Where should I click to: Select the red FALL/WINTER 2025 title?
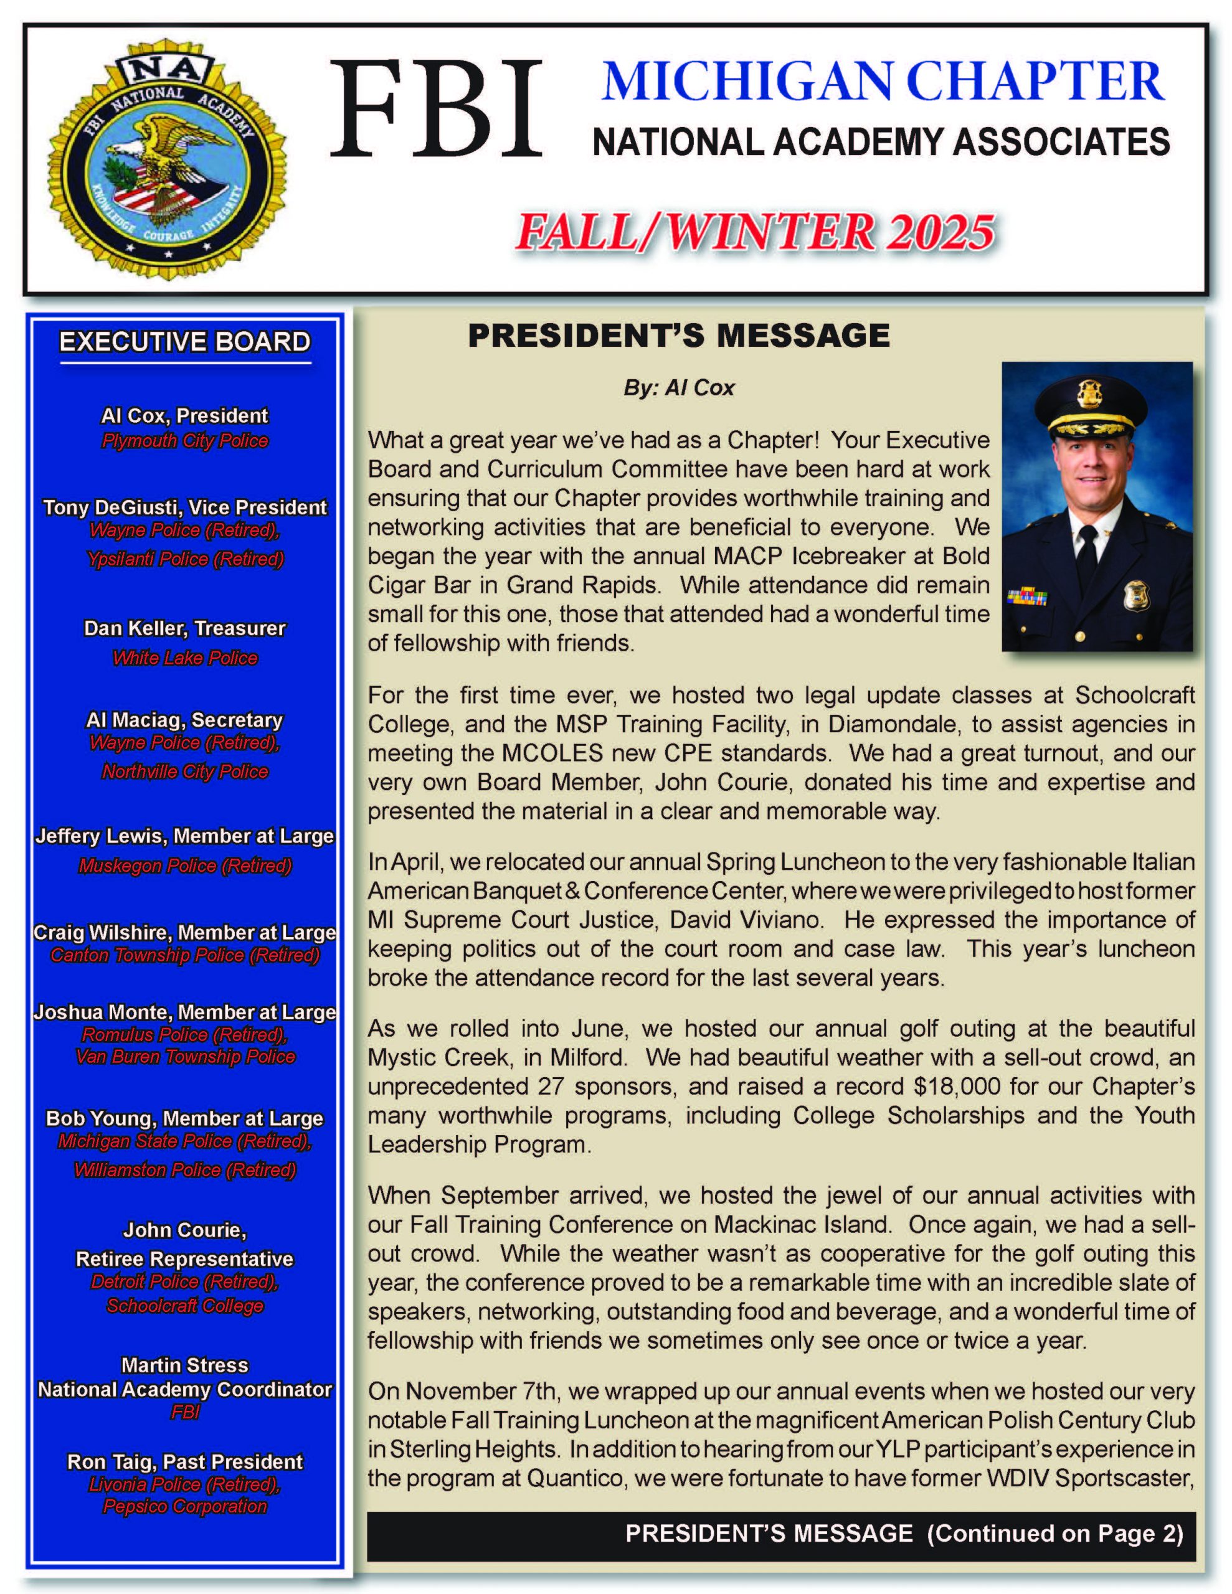click(754, 232)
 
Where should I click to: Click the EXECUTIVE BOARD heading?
click(185, 342)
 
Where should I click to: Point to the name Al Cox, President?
click(185, 416)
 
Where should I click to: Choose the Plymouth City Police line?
click(185, 441)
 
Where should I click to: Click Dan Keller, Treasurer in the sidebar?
click(185, 628)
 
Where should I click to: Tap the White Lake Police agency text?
click(185, 658)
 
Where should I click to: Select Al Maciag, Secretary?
click(185, 720)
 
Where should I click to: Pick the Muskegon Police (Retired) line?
click(185, 865)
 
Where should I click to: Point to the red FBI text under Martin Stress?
click(185, 1412)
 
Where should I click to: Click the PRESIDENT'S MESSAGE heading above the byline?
click(678, 336)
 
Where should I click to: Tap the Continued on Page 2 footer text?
click(1054, 1534)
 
